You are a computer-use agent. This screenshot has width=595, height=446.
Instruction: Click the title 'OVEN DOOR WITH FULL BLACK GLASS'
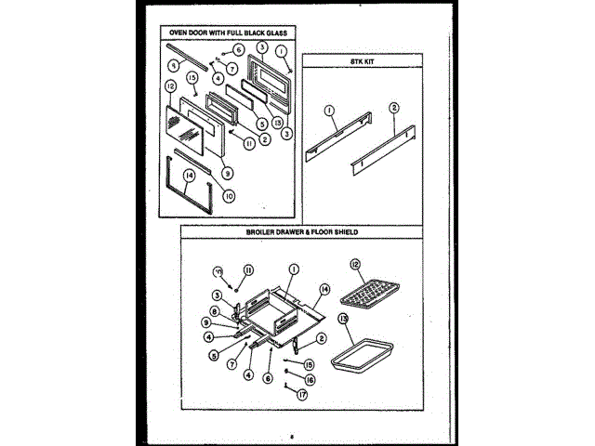[x=222, y=32]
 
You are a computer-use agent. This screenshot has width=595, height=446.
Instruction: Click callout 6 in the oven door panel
[x=239, y=48]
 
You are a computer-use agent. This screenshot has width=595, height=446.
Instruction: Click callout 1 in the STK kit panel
[x=328, y=109]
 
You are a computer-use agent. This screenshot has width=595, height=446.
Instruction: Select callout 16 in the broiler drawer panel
[x=309, y=379]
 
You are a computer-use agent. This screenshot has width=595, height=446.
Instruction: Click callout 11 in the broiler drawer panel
[x=248, y=269]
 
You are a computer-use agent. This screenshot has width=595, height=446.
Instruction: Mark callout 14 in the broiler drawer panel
[x=324, y=289]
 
